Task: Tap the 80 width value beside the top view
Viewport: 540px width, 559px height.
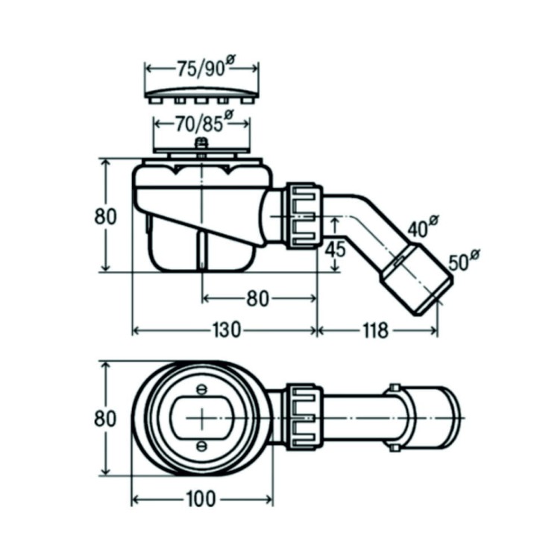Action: tap(106, 418)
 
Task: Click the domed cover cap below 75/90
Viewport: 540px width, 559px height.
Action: tap(201, 96)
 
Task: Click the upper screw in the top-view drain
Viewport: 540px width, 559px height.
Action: tap(200, 390)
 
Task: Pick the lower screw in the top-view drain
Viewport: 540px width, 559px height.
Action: tap(200, 446)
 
